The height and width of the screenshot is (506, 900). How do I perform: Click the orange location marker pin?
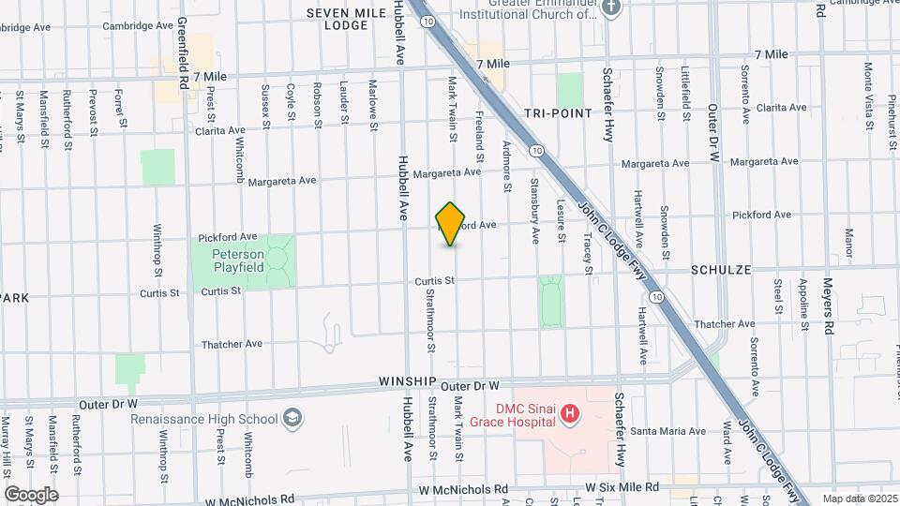click(x=451, y=223)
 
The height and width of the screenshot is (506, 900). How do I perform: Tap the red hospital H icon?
click(x=567, y=412)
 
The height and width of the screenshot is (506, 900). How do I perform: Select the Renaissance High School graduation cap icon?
click(x=293, y=418)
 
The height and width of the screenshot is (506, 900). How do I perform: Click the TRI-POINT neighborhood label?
click(x=559, y=112)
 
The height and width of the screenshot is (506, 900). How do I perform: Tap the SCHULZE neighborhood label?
click(x=721, y=269)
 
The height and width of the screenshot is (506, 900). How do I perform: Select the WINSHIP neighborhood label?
click(x=408, y=382)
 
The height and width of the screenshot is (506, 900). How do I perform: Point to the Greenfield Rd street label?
click(x=184, y=53)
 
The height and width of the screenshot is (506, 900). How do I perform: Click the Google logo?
click(x=31, y=494)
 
